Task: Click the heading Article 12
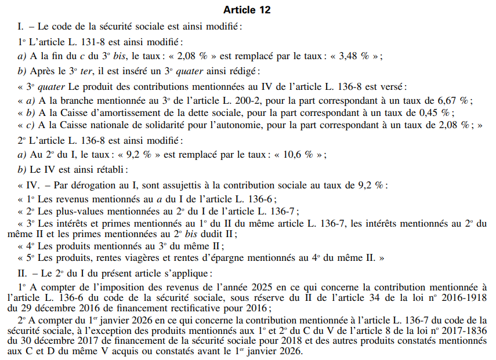click(247, 10)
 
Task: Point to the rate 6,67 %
click(448, 99)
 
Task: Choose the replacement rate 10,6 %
click(295, 155)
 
